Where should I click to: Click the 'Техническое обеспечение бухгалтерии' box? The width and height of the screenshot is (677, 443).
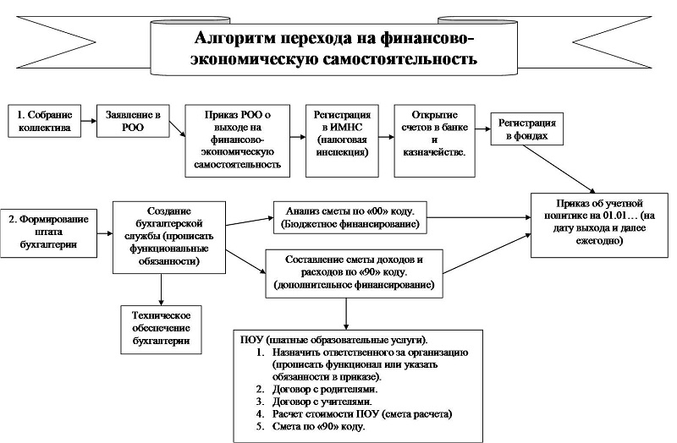click(x=161, y=328)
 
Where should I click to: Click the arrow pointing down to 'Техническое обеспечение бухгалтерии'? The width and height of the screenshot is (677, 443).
click(x=161, y=287)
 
